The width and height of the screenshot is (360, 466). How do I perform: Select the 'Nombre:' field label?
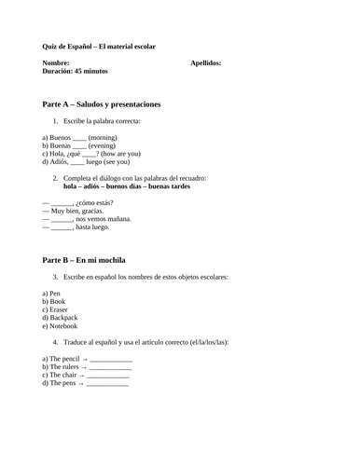point(56,63)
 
